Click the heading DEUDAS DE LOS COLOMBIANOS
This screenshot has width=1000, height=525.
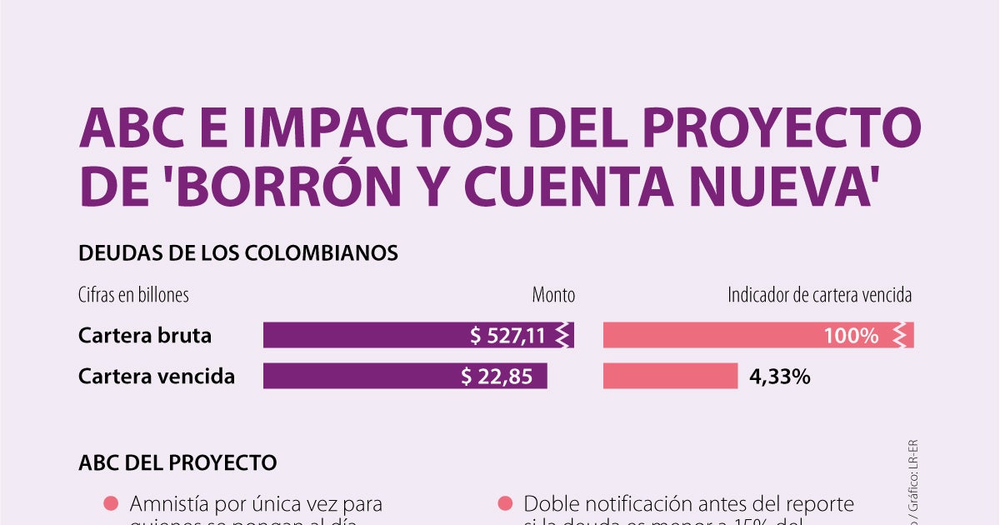tap(238, 252)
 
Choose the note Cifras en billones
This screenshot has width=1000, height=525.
tap(133, 295)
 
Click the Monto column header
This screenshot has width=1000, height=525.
tap(553, 295)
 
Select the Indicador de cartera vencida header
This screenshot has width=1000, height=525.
tap(819, 295)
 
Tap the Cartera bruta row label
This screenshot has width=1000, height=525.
tap(145, 335)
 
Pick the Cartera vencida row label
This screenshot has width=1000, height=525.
tap(157, 376)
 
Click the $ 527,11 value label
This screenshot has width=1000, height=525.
tap(507, 336)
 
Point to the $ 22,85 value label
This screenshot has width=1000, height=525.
tap(497, 377)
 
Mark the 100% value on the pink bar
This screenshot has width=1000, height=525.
tap(851, 336)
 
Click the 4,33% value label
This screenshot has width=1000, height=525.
tap(780, 377)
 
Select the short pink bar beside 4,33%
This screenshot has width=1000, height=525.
tap(670, 377)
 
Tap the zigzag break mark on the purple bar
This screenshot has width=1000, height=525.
tap(563, 335)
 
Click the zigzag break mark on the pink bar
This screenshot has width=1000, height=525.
tap(900, 335)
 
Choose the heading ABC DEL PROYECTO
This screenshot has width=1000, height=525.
tap(177, 462)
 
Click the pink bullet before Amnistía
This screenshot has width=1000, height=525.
tap(111, 503)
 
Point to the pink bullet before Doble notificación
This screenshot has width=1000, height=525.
tap(504, 503)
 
